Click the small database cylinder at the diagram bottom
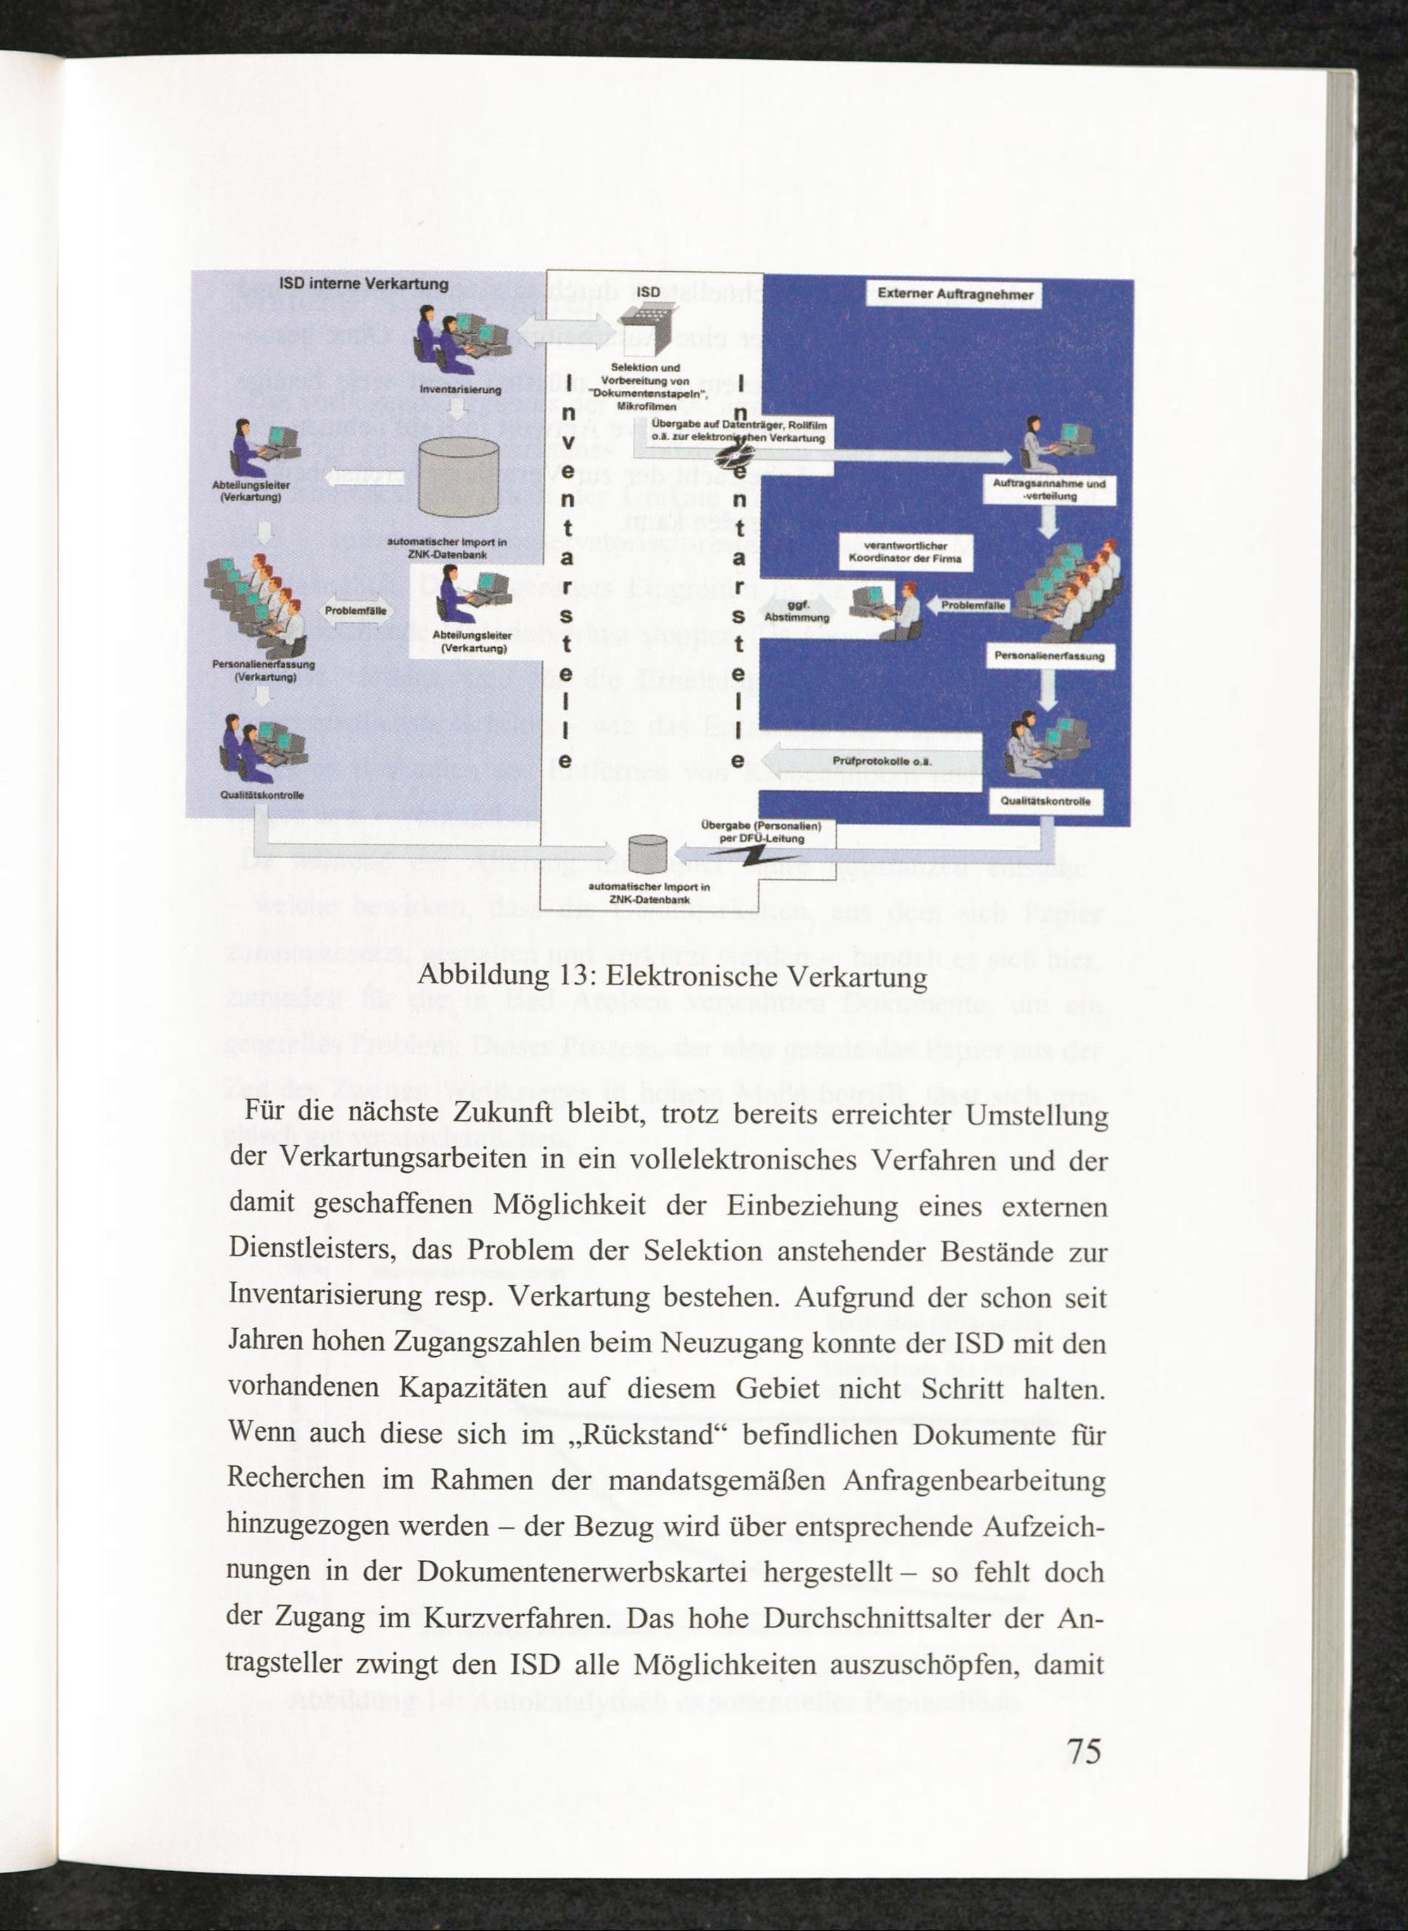[x=647, y=854]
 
